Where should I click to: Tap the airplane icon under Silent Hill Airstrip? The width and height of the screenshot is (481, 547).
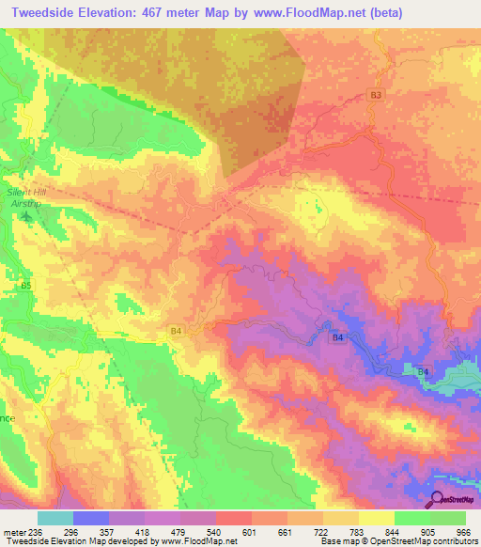click(25, 217)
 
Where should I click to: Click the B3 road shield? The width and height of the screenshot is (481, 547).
click(376, 96)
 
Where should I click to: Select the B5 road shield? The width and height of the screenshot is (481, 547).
click(25, 284)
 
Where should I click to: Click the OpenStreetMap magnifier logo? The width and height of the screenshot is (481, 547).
click(438, 498)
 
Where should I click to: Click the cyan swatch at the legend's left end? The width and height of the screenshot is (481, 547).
click(55, 518)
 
